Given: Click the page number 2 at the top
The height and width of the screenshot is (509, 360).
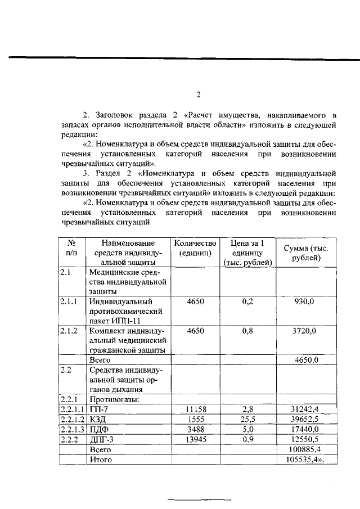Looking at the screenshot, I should (198, 94).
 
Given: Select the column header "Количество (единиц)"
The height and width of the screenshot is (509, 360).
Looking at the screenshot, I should (195, 248).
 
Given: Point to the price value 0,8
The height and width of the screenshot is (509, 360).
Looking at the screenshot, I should (248, 331).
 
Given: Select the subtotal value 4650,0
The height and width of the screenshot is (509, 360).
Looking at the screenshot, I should (307, 359).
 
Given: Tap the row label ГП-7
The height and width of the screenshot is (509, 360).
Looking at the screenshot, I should (98, 409).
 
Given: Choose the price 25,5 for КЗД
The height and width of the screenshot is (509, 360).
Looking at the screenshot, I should (248, 419).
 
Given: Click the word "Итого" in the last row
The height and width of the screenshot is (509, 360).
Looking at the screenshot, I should (101, 460).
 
